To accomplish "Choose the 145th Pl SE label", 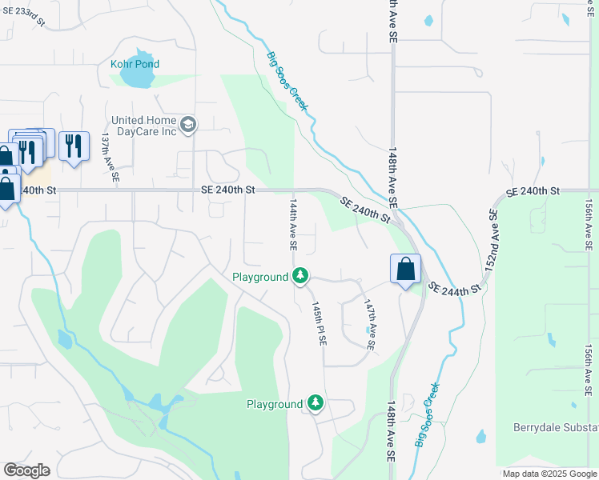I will [x=320, y=323].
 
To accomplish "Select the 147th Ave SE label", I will [x=369, y=326].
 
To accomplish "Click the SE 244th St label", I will [x=455, y=288].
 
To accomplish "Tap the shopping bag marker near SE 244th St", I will [x=406, y=269].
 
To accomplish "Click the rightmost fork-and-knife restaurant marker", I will [x=74, y=146].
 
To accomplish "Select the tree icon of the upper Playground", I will [x=300, y=277].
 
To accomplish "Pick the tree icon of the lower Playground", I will [x=316, y=404].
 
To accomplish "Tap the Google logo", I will [x=26, y=470].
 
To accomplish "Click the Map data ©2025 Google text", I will [x=549, y=474].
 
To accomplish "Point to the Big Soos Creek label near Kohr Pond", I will [x=287, y=80].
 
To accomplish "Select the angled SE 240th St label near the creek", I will [x=364, y=210].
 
